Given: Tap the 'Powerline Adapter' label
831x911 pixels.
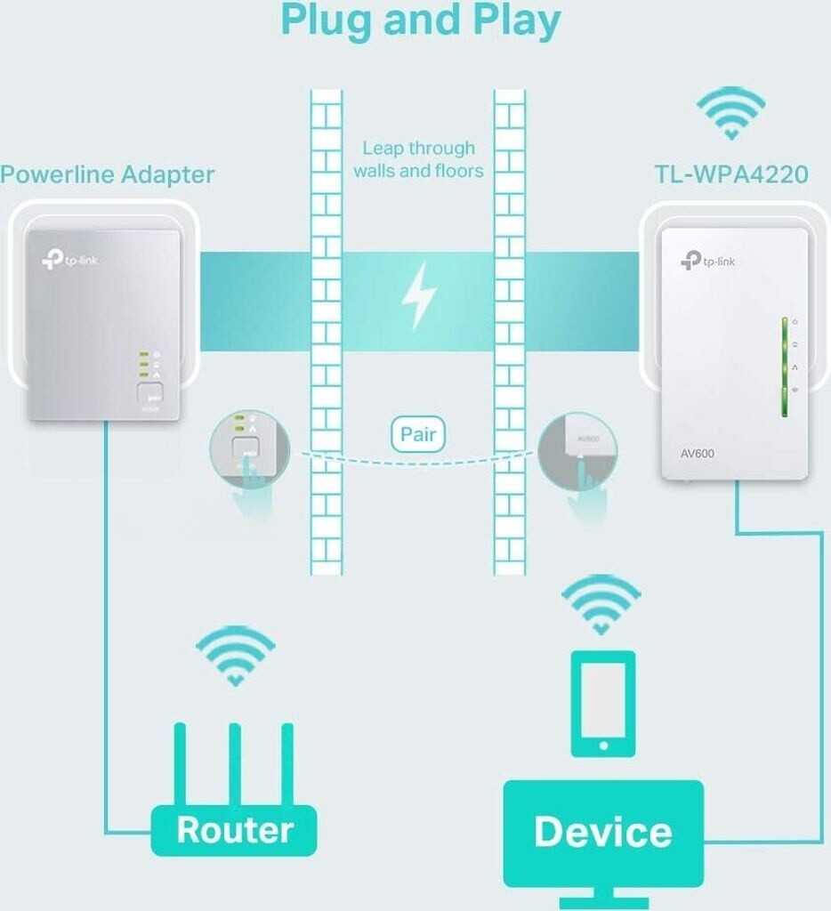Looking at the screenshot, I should tap(107, 174).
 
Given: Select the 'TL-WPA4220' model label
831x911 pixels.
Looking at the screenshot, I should tap(731, 174).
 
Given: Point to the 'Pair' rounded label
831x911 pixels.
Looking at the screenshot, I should tap(417, 435).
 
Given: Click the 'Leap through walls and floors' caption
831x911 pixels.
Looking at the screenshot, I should tap(418, 159).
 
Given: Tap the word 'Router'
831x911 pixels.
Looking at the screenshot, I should tap(234, 829).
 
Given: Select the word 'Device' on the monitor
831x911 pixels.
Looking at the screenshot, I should tap(602, 831).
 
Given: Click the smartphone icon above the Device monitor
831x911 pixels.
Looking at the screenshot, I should tap(602, 703).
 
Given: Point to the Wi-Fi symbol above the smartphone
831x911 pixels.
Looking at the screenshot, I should tap(601, 604).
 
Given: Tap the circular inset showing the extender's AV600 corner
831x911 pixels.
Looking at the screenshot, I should tap(578, 452).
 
